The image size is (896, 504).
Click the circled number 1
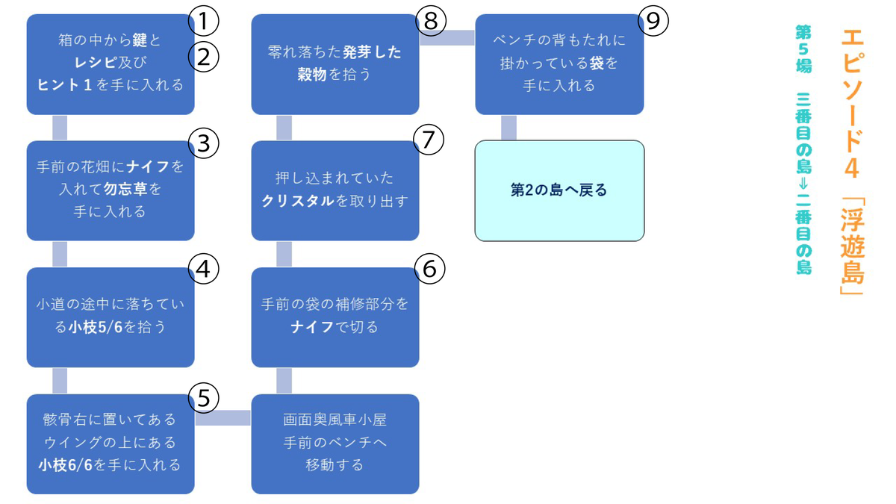(x=204, y=21)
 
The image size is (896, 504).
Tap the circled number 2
(x=204, y=57)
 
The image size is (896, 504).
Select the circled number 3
(x=204, y=143)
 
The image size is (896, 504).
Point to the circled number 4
(x=204, y=269)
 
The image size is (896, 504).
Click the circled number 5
(x=204, y=397)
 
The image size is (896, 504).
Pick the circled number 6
(x=429, y=269)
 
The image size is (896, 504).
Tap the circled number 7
(x=429, y=139)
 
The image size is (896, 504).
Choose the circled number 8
(x=431, y=21)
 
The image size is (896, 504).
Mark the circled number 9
(x=653, y=21)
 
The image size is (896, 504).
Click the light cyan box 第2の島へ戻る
(x=559, y=191)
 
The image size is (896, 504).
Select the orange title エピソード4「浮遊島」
(x=853, y=162)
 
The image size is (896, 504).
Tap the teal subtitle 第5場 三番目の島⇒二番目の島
(x=803, y=150)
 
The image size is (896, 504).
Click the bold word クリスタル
(x=298, y=201)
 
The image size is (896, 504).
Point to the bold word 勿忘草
(x=125, y=189)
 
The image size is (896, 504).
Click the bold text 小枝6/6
(x=66, y=464)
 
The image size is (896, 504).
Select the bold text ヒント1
(x=64, y=85)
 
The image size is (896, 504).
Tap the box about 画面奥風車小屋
(x=335, y=444)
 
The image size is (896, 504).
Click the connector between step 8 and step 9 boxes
(x=447, y=37)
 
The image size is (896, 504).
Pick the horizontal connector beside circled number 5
(x=223, y=418)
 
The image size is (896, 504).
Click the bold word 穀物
(x=312, y=75)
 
